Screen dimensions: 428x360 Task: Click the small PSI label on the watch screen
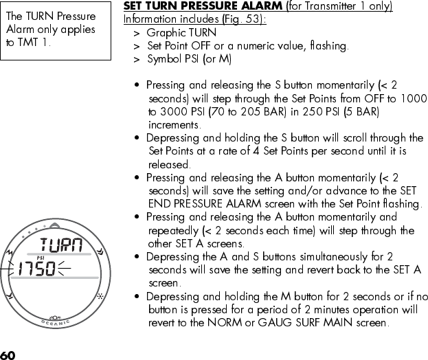[x=41, y=257]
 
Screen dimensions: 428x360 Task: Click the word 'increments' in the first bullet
[x=174, y=125]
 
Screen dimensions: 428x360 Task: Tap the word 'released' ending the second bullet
[x=169, y=165]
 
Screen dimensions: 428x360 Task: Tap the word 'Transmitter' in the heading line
[x=330, y=6]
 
